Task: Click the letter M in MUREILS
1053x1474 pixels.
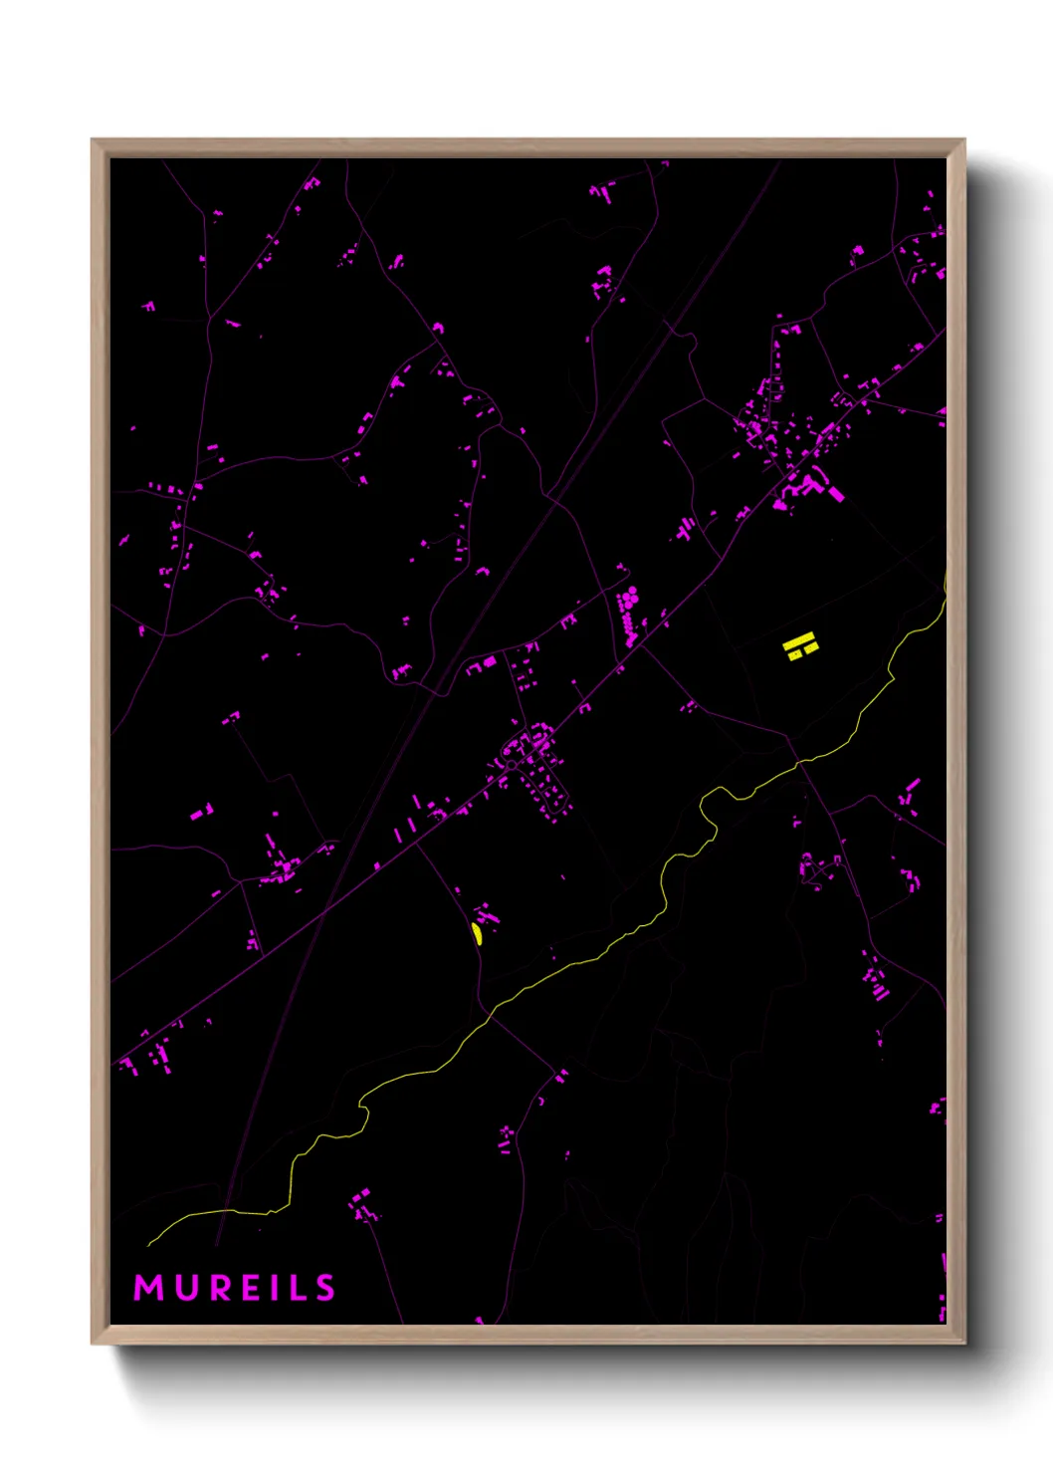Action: point(148,1288)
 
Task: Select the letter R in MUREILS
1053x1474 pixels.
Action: point(223,1288)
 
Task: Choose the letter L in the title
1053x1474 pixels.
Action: point(300,1288)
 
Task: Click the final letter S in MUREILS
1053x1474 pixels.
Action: point(325,1288)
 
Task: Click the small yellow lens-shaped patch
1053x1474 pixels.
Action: point(477,933)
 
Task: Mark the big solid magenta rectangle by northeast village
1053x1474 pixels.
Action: point(834,491)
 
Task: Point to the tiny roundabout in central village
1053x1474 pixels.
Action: point(511,765)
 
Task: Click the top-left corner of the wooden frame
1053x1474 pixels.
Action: point(93,140)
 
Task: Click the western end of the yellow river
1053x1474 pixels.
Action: point(149,1244)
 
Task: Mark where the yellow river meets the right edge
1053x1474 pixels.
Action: point(944,588)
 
